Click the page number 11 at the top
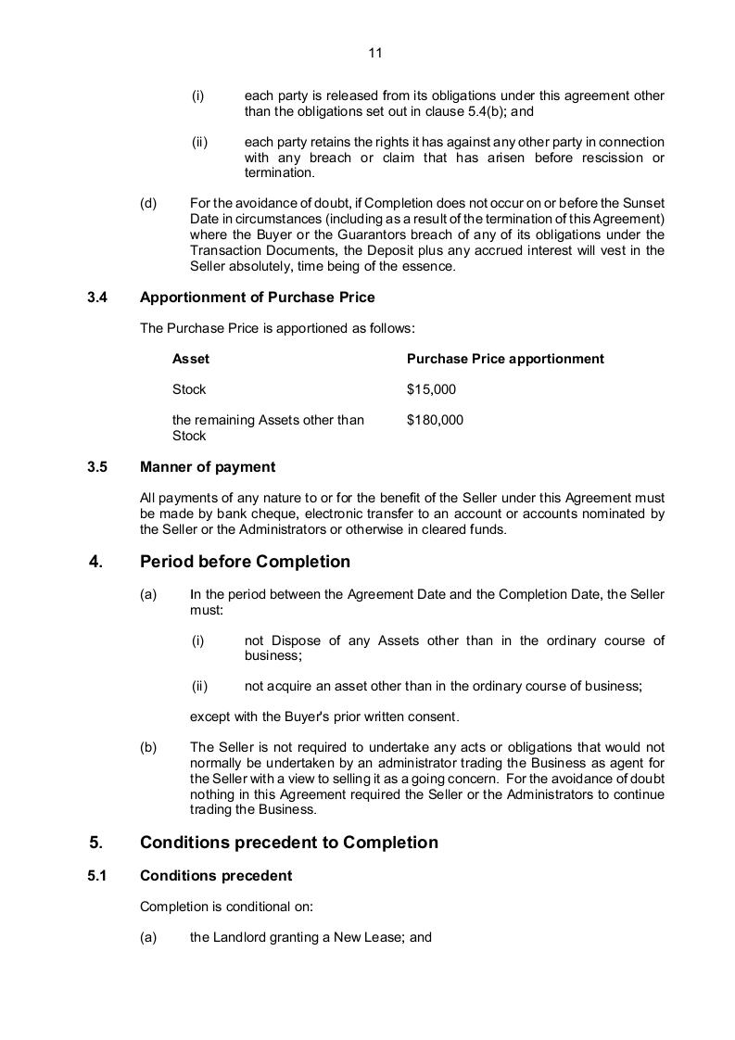(x=374, y=53)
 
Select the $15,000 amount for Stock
(x=431, y=389)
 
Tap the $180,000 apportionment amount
(x=435, y=420)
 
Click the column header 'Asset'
(x=191, y=359)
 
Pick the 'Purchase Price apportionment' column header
(x=505, y=359)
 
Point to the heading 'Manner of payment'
(x=207, y=466)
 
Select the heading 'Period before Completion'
(x=245, y=562)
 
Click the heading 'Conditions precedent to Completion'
(x=288, y=843)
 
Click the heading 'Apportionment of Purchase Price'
(x=257, y=298)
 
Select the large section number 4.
(x=95, y=562)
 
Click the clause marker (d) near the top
(x=148, y=203)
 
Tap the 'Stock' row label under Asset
(x=189, y=389)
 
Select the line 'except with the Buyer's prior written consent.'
(x=323, y=717)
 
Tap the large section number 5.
(x=95, y=843)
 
